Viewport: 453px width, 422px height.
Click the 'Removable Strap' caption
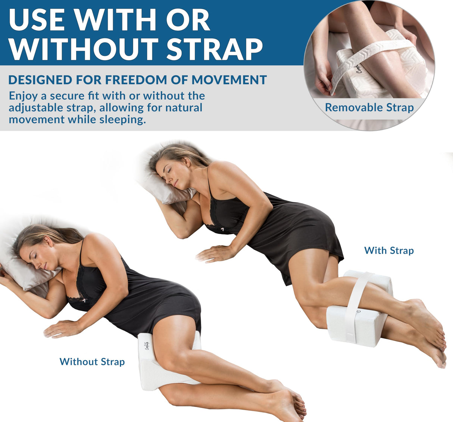click(x=369, y=108)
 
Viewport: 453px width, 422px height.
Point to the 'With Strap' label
click(x=389, y=251)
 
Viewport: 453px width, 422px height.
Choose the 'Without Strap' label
click(x=92, y=362)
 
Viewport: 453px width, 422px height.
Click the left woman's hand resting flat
click(x=62, y=329)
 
